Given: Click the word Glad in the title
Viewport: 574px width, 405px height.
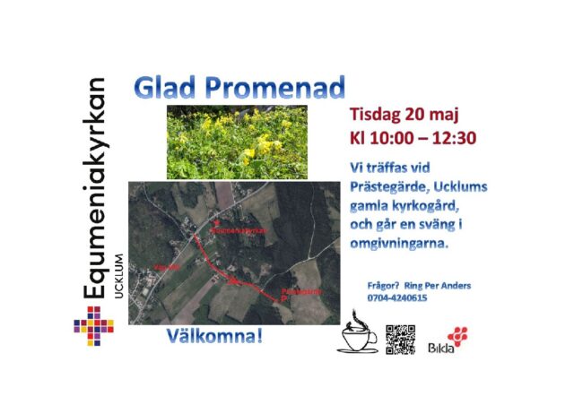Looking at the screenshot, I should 163,88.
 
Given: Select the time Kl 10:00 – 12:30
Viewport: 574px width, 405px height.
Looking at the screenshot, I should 413,139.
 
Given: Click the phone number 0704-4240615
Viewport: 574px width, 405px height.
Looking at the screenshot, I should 397,297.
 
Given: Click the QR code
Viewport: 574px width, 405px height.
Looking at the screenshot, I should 401,339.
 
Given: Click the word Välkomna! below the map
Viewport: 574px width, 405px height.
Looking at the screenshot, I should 214,337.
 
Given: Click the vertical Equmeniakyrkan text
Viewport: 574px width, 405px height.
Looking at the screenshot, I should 93,188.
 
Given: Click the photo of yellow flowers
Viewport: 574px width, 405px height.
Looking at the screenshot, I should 237,141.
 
